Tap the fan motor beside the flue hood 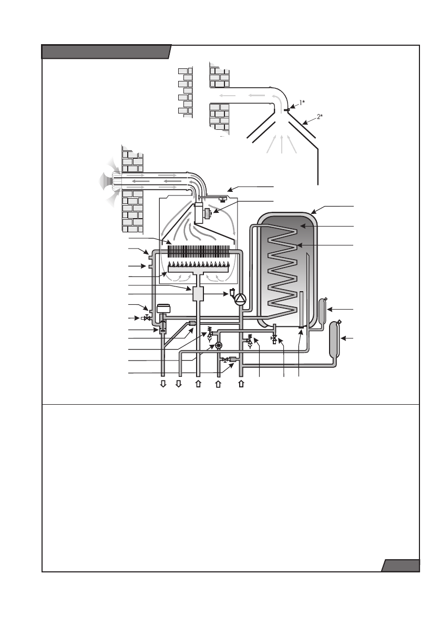(207, 213)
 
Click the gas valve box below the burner (198, 293)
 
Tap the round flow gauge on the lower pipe (219, 345)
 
